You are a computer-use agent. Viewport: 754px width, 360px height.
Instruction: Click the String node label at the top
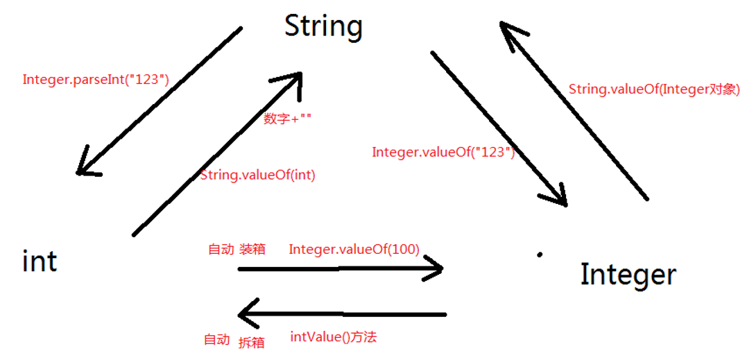point(323,26)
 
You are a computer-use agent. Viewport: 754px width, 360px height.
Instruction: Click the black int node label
point(40,262)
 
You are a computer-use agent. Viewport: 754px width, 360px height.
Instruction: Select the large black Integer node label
point(628,275)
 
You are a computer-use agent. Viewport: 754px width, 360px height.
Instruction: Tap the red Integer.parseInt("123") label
point(96,79)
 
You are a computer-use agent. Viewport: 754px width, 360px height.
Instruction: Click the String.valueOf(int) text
point(257,175)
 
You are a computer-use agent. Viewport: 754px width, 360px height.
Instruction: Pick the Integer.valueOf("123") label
point(443,152)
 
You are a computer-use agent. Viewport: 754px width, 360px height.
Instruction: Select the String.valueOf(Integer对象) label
point(654,89)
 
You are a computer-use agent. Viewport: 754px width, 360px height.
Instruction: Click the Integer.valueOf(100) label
point(354,249)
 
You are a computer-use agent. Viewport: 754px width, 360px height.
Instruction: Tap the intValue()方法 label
point(333,338)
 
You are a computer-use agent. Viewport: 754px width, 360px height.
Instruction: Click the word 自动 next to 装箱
point(221,249)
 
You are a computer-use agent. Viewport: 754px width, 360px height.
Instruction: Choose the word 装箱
point(252,249)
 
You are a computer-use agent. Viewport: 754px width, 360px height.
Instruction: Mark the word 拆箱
point(251,342)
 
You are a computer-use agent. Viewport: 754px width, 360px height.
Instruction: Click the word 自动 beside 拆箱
point(216,340)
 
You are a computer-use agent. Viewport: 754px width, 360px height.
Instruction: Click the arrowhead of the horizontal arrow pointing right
point(435,268)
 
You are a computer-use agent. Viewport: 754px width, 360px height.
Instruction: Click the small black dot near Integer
point(539,255)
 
